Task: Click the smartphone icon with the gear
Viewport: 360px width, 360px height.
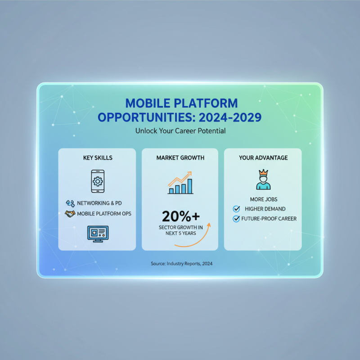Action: click(x=97, y=180)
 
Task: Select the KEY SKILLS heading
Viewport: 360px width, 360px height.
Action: click(x=98, y=158)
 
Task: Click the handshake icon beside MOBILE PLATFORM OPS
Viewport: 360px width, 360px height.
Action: click(x=70, y=214)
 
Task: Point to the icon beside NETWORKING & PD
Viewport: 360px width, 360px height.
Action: click(x=70, y=203)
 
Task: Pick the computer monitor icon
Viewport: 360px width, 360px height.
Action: click(x=97, y=234)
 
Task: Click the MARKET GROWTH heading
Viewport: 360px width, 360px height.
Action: click(x=180, y=158)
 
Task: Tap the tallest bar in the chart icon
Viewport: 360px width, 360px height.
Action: click(x=190, y=185)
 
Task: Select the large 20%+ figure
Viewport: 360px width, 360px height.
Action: click(x=180, y=216)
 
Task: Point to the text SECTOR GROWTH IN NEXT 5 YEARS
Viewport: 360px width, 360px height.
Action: click(x=180, y=230)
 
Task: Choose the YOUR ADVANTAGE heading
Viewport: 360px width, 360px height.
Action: click(x=263, y=158)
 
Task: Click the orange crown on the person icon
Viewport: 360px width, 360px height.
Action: click(x=263, y=173)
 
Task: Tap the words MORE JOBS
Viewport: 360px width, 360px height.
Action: click(x=263, y=199)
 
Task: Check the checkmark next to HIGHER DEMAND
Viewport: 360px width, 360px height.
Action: click(x=236, y=209)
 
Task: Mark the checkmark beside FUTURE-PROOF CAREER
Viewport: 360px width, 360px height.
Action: click(x=236, y=219)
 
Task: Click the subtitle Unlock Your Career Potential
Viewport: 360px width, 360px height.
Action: click(x=180, y=131)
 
